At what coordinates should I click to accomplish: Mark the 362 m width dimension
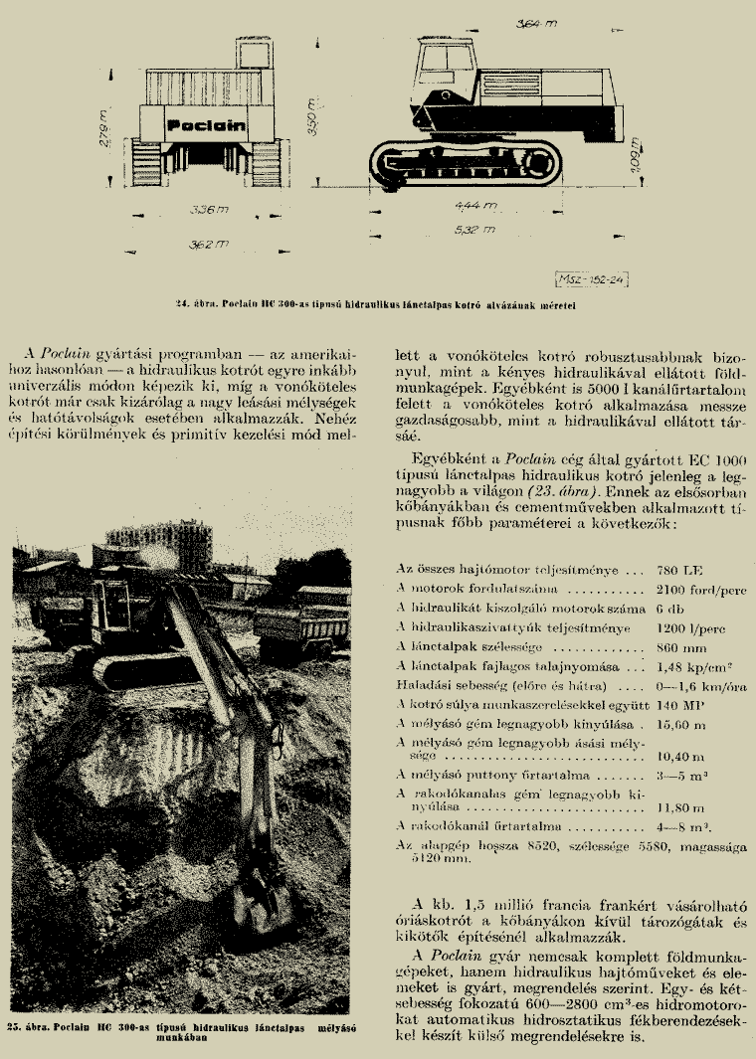[x=207, y=244]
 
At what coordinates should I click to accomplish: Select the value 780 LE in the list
[x=680, y=571]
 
